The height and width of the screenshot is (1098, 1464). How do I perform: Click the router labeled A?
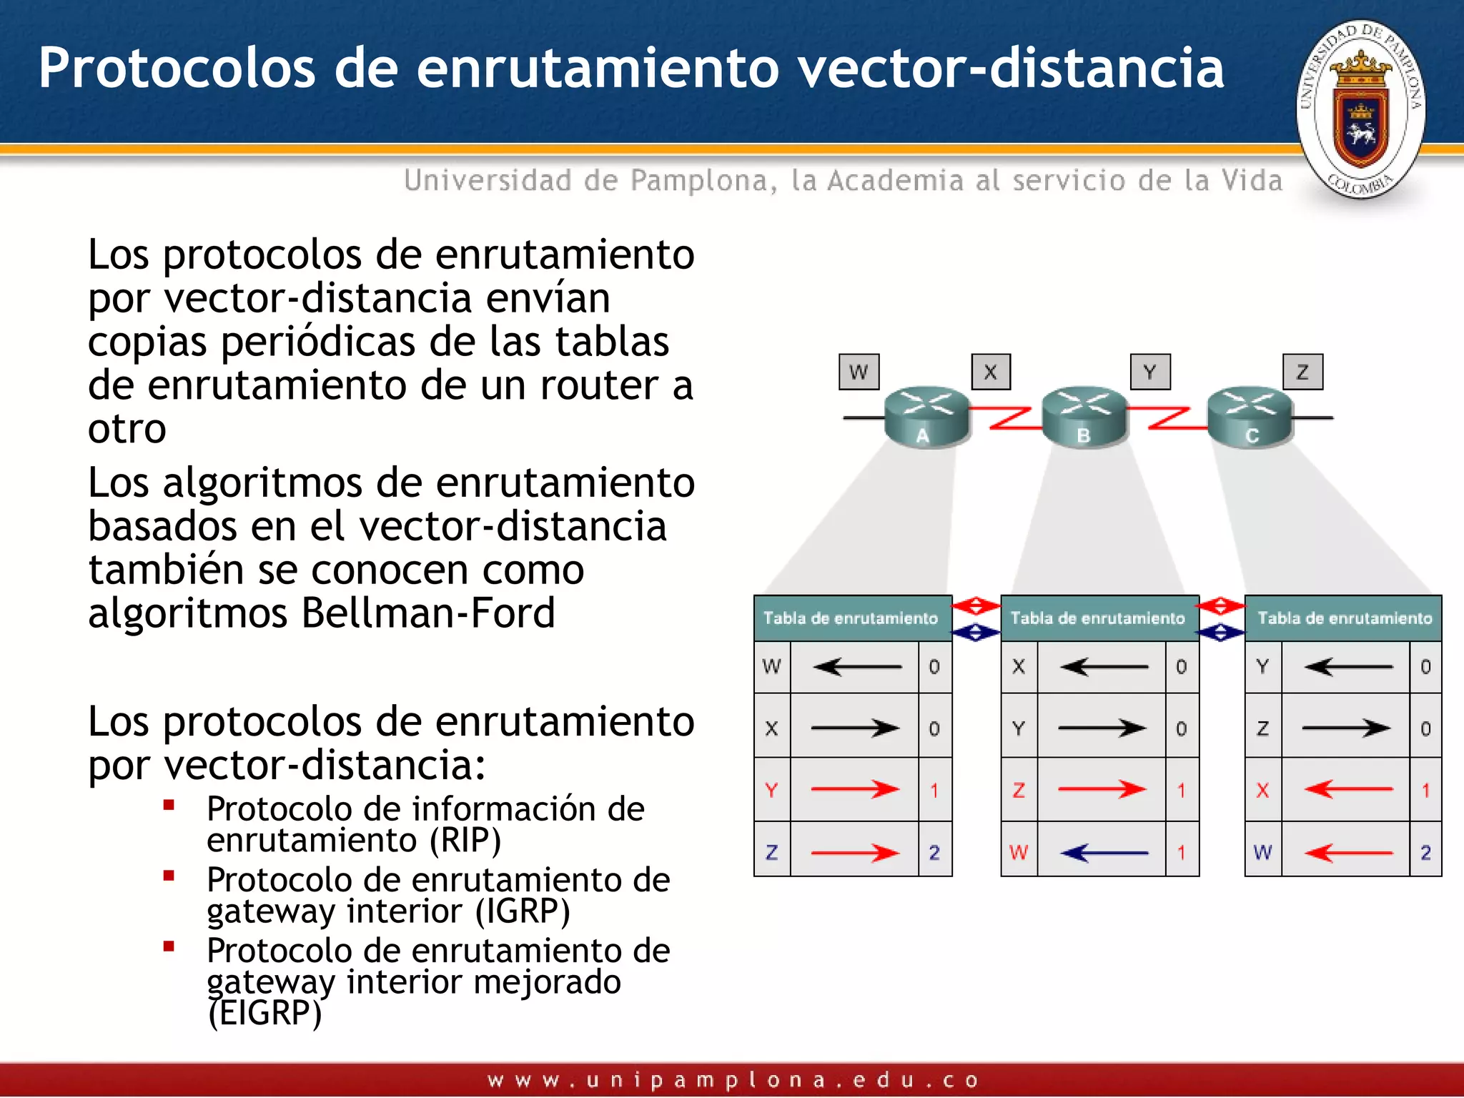[x=926, y=417]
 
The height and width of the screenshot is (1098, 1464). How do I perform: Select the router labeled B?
[x=1084, y=417]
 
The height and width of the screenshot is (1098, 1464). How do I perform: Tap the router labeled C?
[x=1250, y=417]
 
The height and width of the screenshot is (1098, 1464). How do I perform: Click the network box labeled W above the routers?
[x=859, y=372]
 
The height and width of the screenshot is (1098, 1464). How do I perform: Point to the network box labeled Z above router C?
[x=1302, y=372]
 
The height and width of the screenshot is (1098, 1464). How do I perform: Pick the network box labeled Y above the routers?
[x=1150, y=372]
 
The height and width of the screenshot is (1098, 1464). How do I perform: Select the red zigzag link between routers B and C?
[x=1167, y=418]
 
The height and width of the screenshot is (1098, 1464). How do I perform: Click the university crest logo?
[x=1360, y=109]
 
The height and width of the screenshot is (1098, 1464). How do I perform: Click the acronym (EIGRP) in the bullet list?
[x=264, y=1013]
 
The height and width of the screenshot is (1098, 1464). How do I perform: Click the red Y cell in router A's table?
[x=771, y=790]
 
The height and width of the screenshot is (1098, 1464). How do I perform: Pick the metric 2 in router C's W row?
[x=1425, y=852]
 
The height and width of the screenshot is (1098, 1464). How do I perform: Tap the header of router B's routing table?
[x=1098, y=618]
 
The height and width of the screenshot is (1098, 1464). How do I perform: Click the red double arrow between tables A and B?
[x=975, y=607]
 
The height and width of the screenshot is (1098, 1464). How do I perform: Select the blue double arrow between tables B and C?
[x=1221, y=633]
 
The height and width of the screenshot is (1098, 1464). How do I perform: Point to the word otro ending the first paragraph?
[x=127, y=429]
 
